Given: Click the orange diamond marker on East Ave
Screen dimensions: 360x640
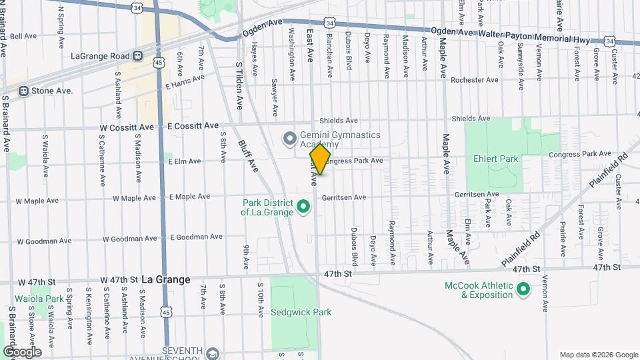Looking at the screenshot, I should [x=320, y=160].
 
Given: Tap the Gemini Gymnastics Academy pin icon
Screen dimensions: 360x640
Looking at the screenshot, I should [x=289, y=139].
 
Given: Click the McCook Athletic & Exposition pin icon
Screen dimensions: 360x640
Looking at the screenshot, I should [x=523, y=290].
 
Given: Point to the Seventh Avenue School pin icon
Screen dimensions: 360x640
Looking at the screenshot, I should [x=213, y=353].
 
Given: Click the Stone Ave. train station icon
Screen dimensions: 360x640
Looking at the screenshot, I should [x=23, y=91].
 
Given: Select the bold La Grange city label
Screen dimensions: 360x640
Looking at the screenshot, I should [x=166, y=280].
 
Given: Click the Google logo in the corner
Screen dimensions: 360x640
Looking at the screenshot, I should [x=21, y=352].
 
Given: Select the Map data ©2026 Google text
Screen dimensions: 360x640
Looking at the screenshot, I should [x=597, y=355].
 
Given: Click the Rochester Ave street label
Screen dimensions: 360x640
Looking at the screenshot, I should [x=474, y=80].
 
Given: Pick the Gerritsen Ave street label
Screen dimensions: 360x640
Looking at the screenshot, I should [x=344, y=197].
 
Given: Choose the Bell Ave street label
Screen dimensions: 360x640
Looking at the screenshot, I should [x=23, y=36].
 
